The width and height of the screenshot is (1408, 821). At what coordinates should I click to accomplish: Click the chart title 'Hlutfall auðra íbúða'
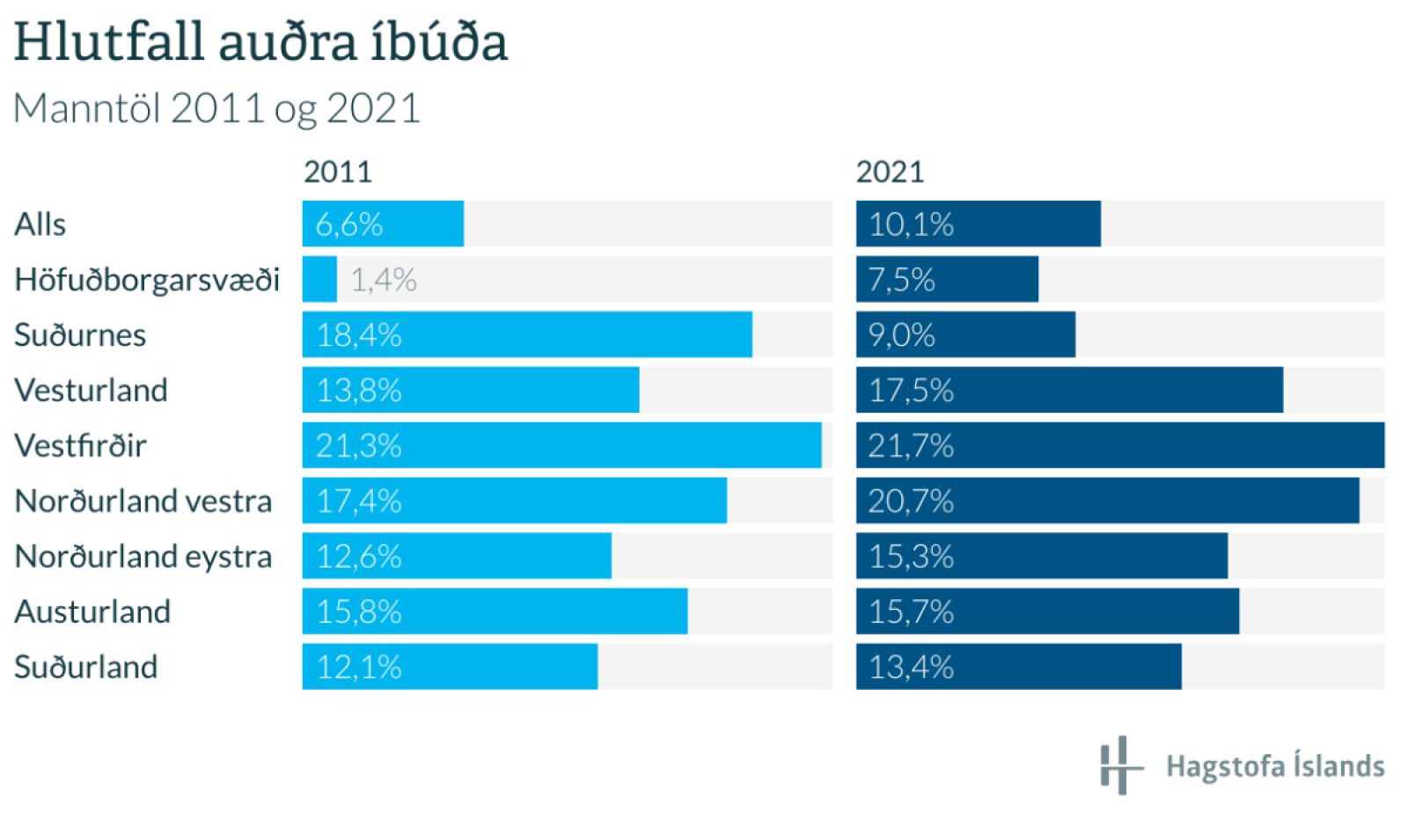[260, 42]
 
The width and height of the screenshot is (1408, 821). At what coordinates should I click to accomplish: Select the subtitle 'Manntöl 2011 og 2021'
[216, 109]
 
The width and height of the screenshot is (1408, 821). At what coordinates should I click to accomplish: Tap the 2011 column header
[338, 172]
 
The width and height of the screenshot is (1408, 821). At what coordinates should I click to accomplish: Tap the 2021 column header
[890, 172]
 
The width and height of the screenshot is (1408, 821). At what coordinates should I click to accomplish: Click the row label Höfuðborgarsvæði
[147, 280]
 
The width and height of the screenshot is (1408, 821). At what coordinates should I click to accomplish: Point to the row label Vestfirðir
[80, 445]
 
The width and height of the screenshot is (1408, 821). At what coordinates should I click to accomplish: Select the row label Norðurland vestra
[143, 501]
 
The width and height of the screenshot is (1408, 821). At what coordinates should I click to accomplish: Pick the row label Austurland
[92, 612]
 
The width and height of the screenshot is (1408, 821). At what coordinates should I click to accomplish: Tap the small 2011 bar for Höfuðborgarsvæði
[319, 280]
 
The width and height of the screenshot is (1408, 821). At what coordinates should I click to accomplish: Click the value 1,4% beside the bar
[384, 280]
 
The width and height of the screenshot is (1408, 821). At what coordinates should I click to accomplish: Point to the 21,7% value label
[911, 446]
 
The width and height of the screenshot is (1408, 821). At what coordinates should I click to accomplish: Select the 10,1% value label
[911, 224]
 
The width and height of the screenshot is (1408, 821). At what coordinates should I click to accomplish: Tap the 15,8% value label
[359, 612]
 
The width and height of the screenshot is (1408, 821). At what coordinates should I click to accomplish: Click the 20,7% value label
[911, 502]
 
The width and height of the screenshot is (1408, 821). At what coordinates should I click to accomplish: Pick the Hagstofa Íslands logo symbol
[1119, 766]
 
